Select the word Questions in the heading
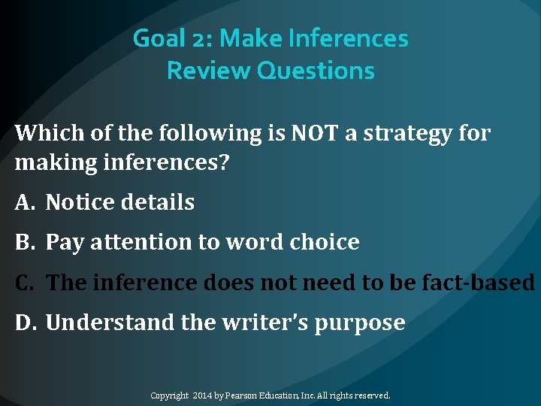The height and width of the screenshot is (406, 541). (316, 71)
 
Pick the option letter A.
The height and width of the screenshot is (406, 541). (23, 202)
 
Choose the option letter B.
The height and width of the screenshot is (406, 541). (23, 242)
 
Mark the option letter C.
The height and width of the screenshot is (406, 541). (23, 283)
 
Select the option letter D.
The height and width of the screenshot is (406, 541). (25, 323)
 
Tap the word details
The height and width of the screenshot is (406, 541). (159, 202)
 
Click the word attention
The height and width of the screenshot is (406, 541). (138, 243)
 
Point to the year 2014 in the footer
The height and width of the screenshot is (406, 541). (203, 395)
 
